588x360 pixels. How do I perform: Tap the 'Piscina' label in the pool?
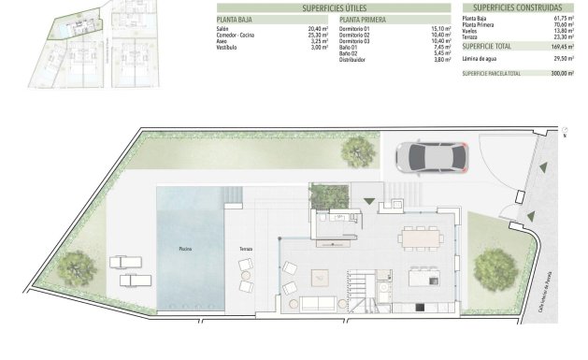pos(186,249)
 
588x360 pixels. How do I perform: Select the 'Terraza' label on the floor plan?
pos(245,249)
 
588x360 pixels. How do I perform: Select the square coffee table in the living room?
pos(321,277)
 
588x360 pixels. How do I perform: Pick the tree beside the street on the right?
pos(495,268)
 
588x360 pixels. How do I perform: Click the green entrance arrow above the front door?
pos(369,200)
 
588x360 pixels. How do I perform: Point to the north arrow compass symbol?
pos(563,133)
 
